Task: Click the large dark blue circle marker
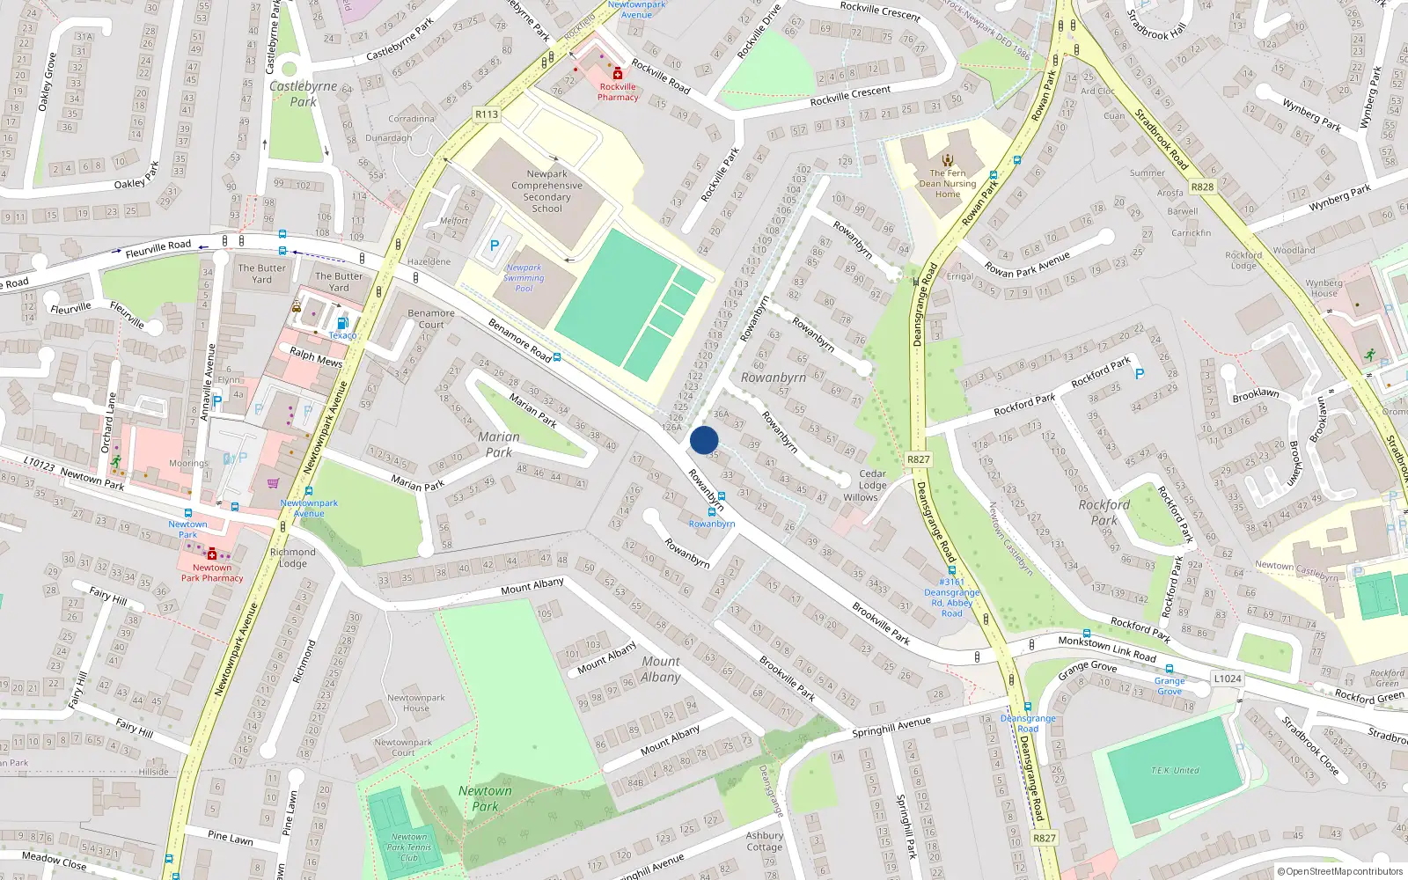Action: click(x=704, y=440)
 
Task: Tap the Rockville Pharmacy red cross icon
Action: click(x=619, y=74)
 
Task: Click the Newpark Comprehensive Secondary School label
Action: click(x=546, y=191)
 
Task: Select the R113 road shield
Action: click(x=487, y=114)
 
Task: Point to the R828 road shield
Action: click(x=1202, y=187)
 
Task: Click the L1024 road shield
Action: click(x=1228, y=678)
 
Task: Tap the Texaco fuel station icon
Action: click(x=342, y=323)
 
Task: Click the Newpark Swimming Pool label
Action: click(x=524, y=278)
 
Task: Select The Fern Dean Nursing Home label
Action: click(x=948, y=183)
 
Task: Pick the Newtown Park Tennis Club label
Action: click(x=409, y=847)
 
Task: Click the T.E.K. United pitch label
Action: click(x=1175, y=771)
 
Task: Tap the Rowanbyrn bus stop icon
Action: click(x=712, y=512)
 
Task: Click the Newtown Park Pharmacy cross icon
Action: click(x=212, y=554)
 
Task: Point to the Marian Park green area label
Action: click(x=499, y=444)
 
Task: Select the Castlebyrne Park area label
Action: click(x=304, y=93)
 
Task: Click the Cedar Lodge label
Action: click(x=872, y=479)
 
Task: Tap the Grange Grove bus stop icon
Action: click(x=1170, y=670)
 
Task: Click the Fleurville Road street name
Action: click(x=158, y=249)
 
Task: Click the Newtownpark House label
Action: click(x=416, y=702)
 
